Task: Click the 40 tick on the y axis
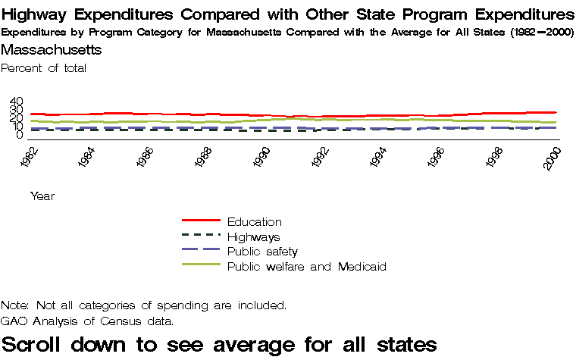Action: coord(17,102)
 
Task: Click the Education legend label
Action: coord(254,222)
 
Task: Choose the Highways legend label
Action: coord(253,237)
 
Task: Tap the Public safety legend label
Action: coord(262,252)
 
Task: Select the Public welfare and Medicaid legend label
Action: coord(307,267)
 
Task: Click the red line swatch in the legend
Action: coord(201,221)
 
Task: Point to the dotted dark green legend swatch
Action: coord(201,236)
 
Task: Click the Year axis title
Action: coord(42,196)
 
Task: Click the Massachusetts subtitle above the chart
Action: coord(52,50)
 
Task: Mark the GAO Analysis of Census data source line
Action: coord(87,321)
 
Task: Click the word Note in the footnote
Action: coord(14,305)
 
